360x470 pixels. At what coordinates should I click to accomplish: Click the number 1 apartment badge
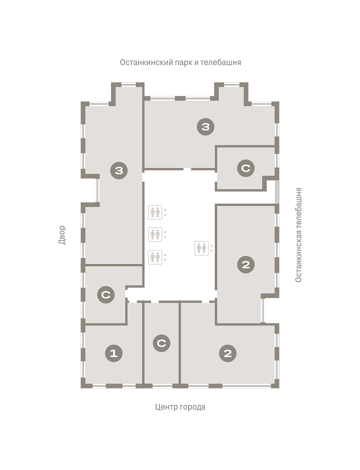[x=113, y=353]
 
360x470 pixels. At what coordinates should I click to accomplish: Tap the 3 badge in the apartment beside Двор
[x=119, y=170]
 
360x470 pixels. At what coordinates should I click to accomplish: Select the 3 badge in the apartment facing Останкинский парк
[x=205, y=127]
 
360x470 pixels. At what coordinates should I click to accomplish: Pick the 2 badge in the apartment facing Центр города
[x=228, y=353]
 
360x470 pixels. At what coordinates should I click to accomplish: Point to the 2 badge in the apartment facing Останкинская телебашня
[x=246, y=264]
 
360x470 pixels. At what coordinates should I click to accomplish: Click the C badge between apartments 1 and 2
[x=162, y=343]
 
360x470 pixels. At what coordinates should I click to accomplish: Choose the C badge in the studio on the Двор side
[x=106, y=295]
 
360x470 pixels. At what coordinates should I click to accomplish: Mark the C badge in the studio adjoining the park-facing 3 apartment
[x=246, y=168]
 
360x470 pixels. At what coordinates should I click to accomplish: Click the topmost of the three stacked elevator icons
[x=155, y=212]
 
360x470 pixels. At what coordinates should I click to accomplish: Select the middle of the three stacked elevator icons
[x=155, y=234]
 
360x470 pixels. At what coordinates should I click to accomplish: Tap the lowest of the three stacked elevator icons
[x=155, y=257]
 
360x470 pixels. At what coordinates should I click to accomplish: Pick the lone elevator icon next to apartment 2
[x=202, y=248]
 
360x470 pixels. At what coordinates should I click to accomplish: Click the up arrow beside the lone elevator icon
[x=211, y=246]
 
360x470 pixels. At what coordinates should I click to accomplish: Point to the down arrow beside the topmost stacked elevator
[x=165, y=215]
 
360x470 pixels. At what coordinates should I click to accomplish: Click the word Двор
[x=62, y=235]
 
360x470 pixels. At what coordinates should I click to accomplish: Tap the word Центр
[x=164, y=407]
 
